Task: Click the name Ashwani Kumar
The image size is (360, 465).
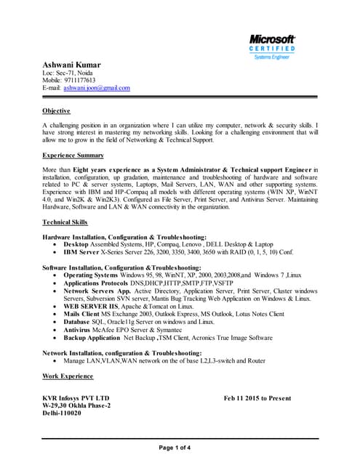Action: tap(72, 65)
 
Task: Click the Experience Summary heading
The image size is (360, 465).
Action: tap(73, 156)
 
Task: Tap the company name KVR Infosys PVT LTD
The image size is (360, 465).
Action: tap(76, 399)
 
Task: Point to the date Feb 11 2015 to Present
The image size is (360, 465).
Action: tap(257, 399)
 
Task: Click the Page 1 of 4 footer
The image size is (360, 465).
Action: tap(180, 448)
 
